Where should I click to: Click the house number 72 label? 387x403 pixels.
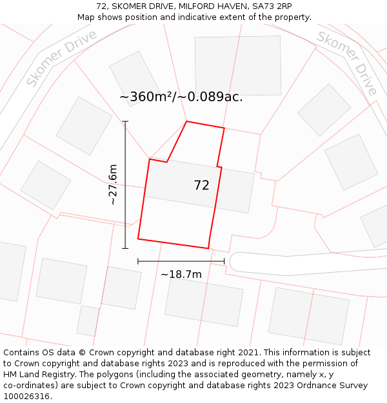point(201,186)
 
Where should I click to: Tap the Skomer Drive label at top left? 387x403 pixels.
point(62,58)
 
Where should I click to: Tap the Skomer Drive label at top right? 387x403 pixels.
point(346,63)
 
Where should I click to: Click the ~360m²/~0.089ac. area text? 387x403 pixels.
point(181,97)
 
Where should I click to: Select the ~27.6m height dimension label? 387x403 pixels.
point(113,185)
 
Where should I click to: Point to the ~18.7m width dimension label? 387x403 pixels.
point(181,275)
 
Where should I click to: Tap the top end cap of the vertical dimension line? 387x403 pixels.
point(125,121)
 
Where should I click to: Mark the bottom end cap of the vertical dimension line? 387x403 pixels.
point(125,248)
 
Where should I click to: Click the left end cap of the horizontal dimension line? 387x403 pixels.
point(138,261)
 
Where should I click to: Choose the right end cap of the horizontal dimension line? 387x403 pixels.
point(224,261)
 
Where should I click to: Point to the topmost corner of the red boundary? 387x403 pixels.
point(186,121)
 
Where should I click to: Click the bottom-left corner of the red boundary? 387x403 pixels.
point(138,239)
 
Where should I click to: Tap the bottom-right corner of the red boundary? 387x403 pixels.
point(208,248)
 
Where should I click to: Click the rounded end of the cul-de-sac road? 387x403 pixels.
point(235,262)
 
